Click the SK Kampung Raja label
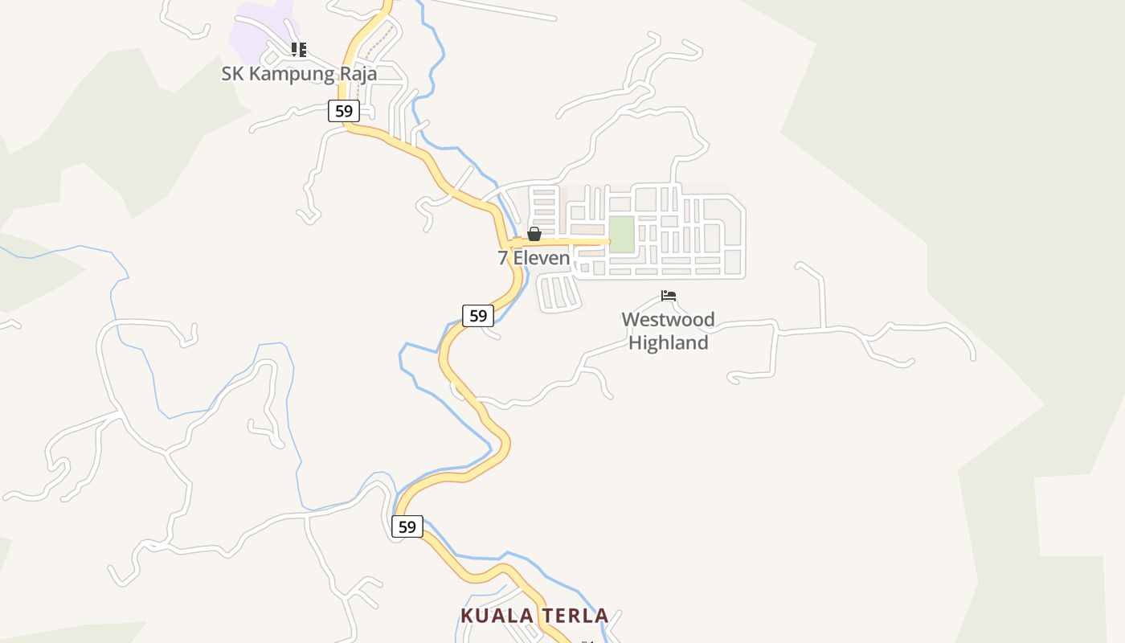point(299,73)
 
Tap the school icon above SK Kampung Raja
point(299,50)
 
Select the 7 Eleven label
point(534,258)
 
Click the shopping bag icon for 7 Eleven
point(534,234)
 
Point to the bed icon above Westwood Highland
point(669,296)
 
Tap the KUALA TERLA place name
point(534,616)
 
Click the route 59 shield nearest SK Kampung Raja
point(343,111)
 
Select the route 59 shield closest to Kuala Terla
point(407,526)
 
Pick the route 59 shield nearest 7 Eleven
point(477,315)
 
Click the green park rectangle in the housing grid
point(621,234)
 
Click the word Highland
point(668,342)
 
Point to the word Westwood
point(668,320)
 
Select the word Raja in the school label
point(356,73)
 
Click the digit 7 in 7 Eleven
point(503,258)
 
